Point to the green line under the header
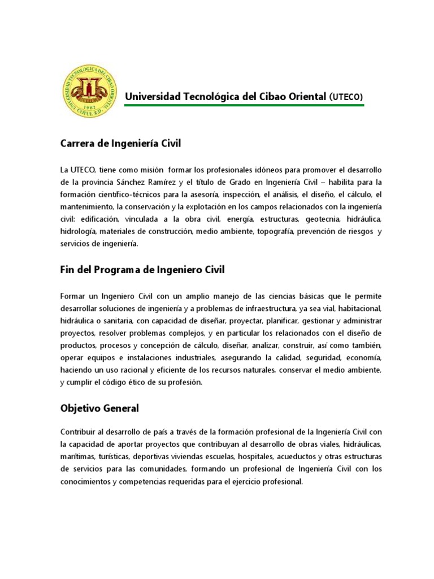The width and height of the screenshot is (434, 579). [252, 106]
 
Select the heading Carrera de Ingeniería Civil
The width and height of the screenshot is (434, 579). [120, 144]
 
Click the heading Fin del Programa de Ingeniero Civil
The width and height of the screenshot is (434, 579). [142, 270]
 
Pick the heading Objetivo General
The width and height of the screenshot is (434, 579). [99, 408]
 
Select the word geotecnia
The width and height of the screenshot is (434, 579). [324, 219]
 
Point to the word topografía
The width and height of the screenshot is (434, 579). [275, 231]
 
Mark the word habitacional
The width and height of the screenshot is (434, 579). [358, 308]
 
